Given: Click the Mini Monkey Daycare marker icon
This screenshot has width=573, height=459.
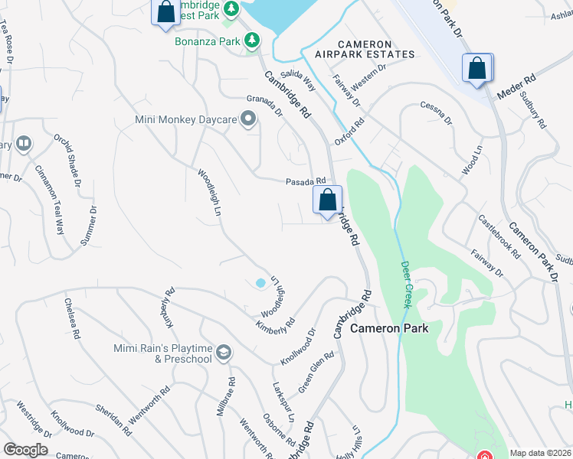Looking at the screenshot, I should pyautogui.click(x=247, y=119).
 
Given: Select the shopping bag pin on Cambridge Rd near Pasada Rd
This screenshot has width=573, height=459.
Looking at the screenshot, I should pyautogui.click(x=328, y=200).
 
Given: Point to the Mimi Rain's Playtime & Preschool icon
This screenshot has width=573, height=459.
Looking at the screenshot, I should pyautogui.click(x=224, y=353).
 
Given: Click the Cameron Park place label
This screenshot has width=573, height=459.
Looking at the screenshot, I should pyautogui.click(x=389, y=328).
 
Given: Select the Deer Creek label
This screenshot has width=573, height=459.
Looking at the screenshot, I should pyautogui.click(x=406, y=285).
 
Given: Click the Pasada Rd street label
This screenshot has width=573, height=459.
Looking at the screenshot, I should pyautogui.click(x=300, y=182).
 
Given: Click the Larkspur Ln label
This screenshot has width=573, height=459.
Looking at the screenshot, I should pyautogui.click(x=283, y=402).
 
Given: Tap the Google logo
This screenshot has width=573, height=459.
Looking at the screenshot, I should pyautogui.click(x=25, y=450).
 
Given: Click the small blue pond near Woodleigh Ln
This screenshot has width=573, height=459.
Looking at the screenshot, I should pyautogui.click(x=260, y=283).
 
